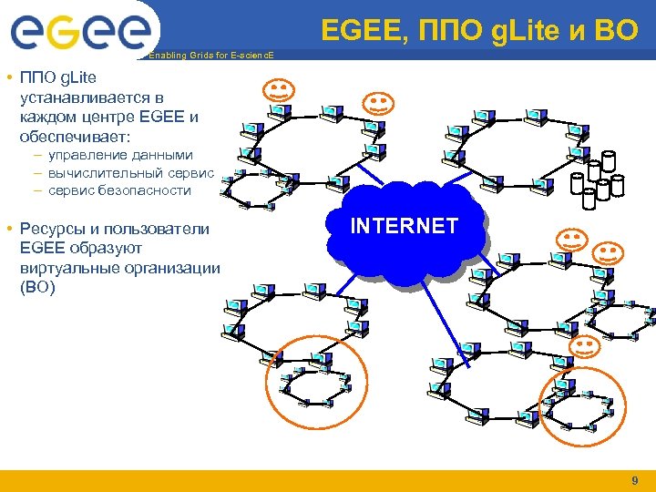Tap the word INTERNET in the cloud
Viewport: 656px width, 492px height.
(405, 226)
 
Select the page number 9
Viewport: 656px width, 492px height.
(634, 480)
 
